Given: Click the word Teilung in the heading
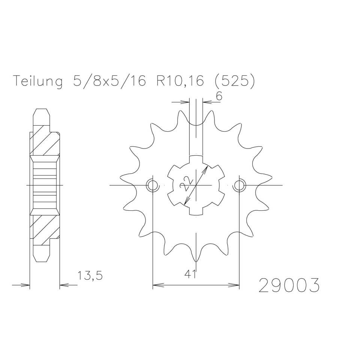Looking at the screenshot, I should pyautogui.click(x=37, y=81).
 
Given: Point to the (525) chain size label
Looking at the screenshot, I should pyautogui.click(x=232, y=81).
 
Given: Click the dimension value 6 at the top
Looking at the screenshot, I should pyautogui.click(x=219, y=96).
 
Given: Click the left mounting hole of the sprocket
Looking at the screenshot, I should pyautogui.click(x=153, y=185).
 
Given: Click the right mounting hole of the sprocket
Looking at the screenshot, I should pyautogui.click(x=239, y=185).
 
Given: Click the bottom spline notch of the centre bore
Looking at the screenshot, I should pyautogui.click(x=196, y=212).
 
